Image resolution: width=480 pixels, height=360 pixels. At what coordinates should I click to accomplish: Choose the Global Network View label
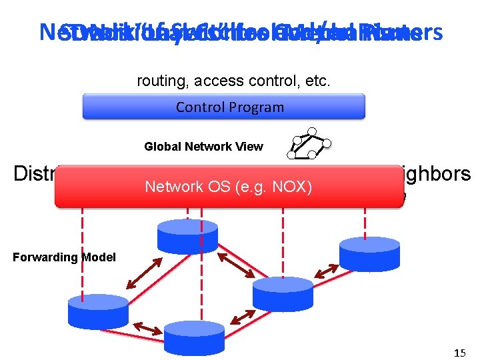pyautogui.click(x=203, y=147)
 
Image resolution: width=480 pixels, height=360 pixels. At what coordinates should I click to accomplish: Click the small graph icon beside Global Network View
pyautogui.click(x=308, y=143)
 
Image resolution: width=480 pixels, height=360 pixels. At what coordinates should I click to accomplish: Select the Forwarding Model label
pyautogui.click(x=64, y=257)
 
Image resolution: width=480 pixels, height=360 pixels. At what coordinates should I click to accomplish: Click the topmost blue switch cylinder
pyautogui.click(x=187, y=235)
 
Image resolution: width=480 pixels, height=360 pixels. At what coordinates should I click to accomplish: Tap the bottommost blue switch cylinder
pyautogui.click(x=194, y=337)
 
